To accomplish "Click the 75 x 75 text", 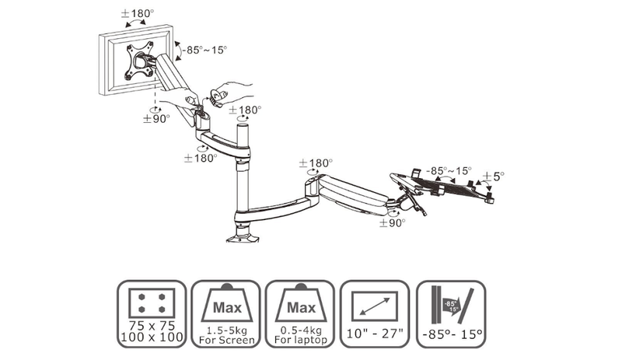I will point(152,325).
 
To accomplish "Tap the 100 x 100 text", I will point(152,337).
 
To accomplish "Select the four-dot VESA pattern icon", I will point(152,299).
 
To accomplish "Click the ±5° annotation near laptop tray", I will point(492,177).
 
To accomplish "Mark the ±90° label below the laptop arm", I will point(393,222).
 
